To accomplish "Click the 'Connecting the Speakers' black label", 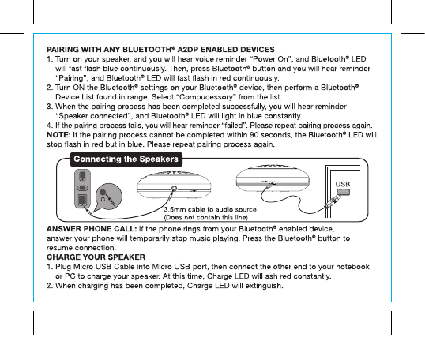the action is pos(126,159).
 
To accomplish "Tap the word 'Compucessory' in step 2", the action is pos(206,97).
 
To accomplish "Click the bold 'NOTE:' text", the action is pos(58,135).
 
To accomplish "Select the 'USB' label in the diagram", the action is pos(343,184).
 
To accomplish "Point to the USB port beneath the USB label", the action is pos(344,193).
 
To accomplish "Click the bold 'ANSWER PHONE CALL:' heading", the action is pos(92,229).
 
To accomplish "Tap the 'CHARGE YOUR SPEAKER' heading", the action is pos(96,257).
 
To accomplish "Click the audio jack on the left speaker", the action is pos(174,189).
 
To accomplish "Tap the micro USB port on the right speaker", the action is pos(273,183).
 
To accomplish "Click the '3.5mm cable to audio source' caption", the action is pos(210,210).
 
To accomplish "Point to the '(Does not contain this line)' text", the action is pos(206,218).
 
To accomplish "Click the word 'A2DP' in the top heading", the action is pos(187,50).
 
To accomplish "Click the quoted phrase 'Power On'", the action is pos(272,59).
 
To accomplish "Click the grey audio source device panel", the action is pos(83,189).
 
